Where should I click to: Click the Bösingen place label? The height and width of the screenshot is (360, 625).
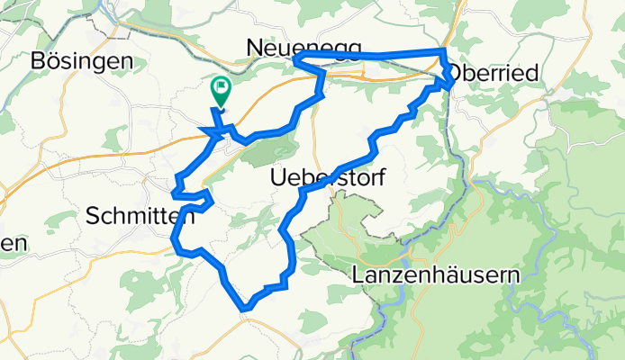pos(82,61)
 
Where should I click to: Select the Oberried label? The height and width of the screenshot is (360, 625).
pos(493,71)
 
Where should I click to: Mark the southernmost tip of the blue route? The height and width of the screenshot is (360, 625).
pos(246,310)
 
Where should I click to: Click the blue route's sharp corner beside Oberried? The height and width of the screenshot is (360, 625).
pos(449,84)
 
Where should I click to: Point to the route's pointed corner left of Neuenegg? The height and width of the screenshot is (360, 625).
pos(296,60)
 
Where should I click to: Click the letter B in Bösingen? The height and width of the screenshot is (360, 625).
pos(38,61)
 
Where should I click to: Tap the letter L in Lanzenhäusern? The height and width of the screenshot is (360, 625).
pos(359,274)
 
